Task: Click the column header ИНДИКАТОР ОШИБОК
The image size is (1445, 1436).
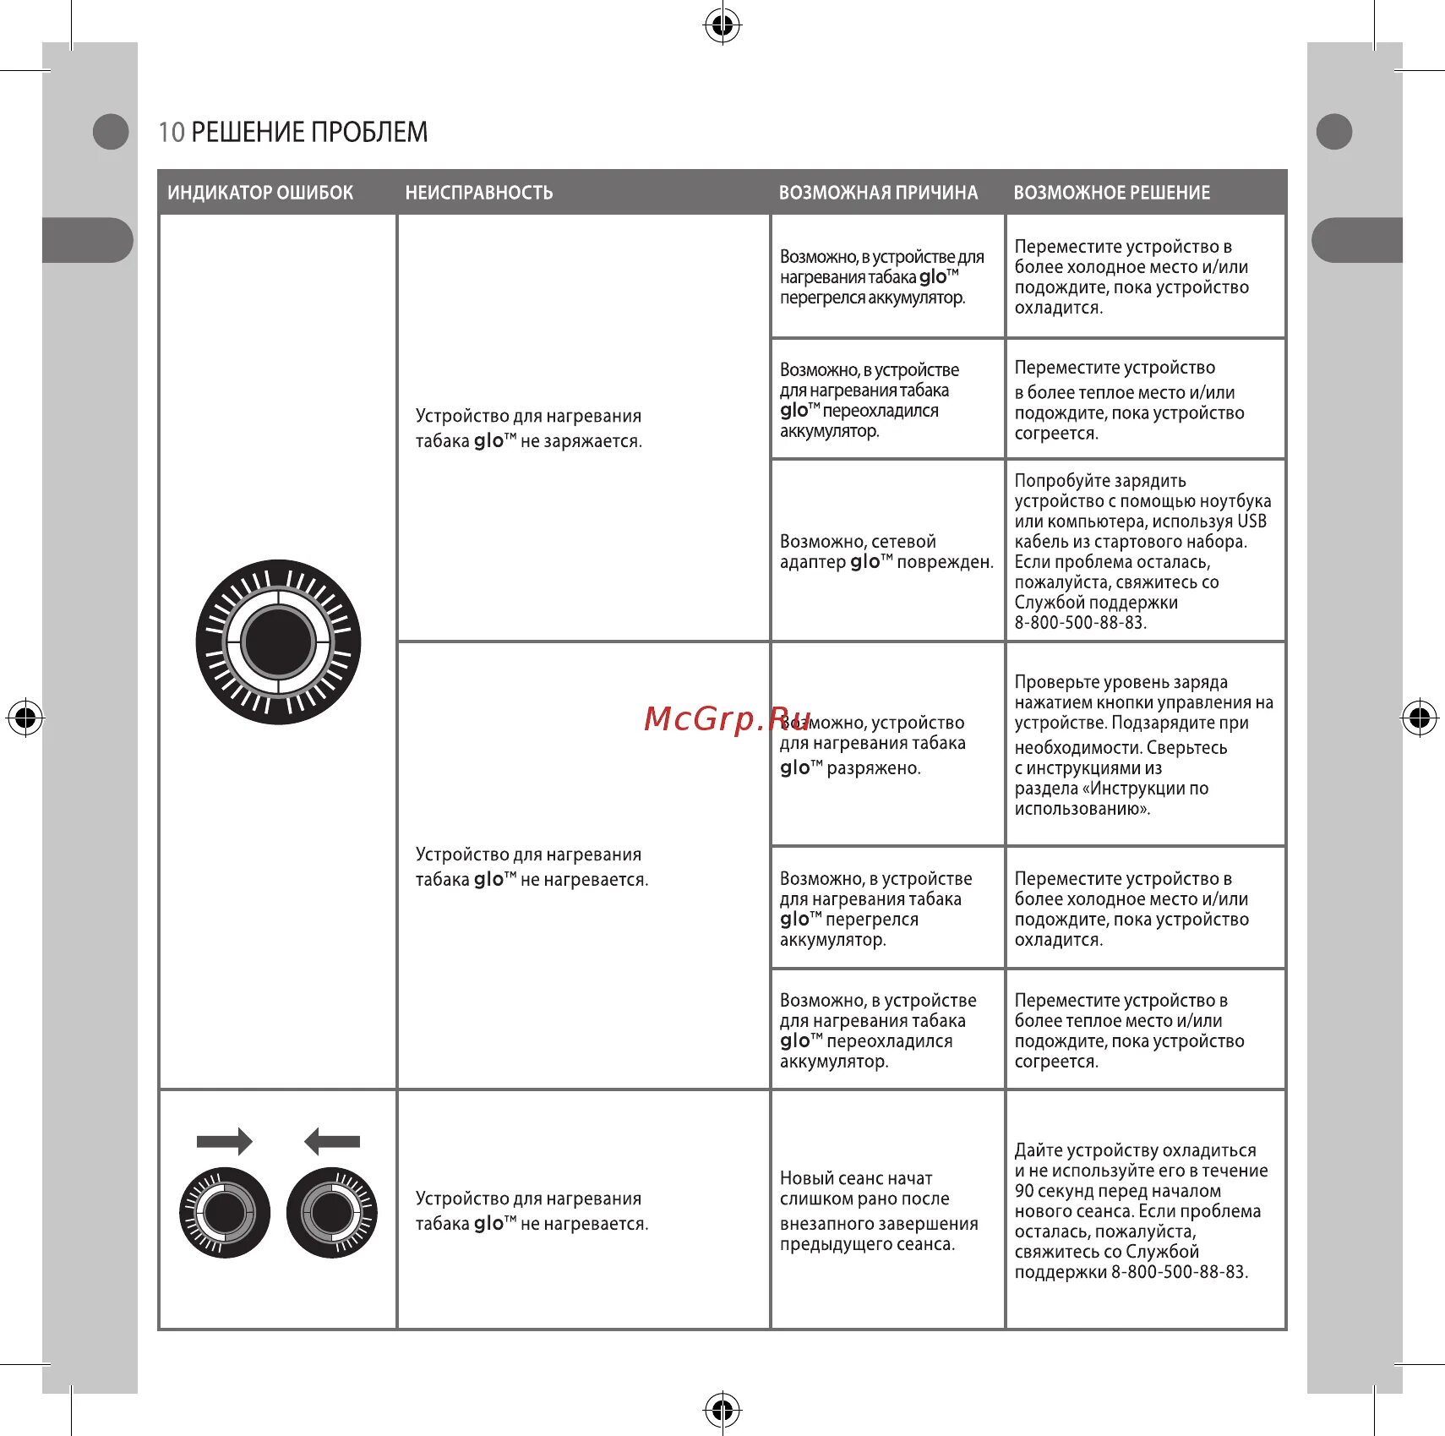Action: point(260,193)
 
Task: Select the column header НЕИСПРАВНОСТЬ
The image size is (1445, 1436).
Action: point(478,193)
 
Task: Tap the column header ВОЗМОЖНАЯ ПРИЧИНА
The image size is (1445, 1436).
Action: point(878,193)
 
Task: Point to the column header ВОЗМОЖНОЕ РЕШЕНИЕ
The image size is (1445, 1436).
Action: point(1111,193)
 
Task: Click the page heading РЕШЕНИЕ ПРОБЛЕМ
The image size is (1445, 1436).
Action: point(309,132)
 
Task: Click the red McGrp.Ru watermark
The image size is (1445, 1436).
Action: point(728,718)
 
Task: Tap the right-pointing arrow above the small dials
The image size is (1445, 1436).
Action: point(224,1141)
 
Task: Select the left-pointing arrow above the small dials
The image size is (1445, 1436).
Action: point(332,1141)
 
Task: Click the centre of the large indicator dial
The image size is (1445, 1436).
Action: point(278,642)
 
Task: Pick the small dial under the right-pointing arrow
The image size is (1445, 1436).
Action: point(225,1213)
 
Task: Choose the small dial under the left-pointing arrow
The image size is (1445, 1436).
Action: point(332,1213)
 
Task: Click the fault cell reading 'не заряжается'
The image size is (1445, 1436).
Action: point(528,429)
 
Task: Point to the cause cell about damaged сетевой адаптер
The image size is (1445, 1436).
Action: point(886,551)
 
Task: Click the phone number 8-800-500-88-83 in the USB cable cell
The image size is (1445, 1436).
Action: point(1080,623)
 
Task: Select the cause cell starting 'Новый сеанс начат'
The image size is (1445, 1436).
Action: point(878,1210)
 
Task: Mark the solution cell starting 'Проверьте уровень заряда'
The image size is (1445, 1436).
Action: point(1142,745)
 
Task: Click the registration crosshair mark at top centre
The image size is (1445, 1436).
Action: point(722,26)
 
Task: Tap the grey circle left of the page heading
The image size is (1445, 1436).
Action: point(110,132)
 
